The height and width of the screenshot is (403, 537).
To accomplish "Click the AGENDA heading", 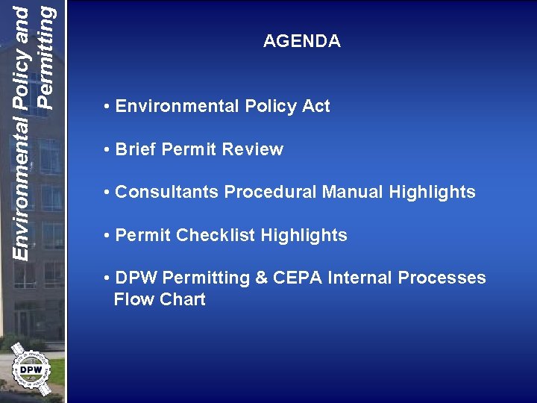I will click(301, 42).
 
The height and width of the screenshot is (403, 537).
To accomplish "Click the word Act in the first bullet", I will click(315, 107).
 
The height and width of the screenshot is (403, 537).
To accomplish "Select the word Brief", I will click(136, 149).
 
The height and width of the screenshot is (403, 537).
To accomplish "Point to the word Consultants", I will click(167, 193).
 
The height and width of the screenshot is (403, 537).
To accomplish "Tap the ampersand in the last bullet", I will click(262, 278).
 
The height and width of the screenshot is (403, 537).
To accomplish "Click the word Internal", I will click(362, 278).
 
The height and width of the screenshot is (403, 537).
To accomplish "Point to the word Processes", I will click(442, 278).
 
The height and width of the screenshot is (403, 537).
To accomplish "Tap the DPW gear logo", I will click(31, 369).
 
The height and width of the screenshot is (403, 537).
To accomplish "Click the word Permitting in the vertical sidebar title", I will click(45, 56).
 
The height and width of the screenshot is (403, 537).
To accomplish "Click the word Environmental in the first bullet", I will click(169, 107).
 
